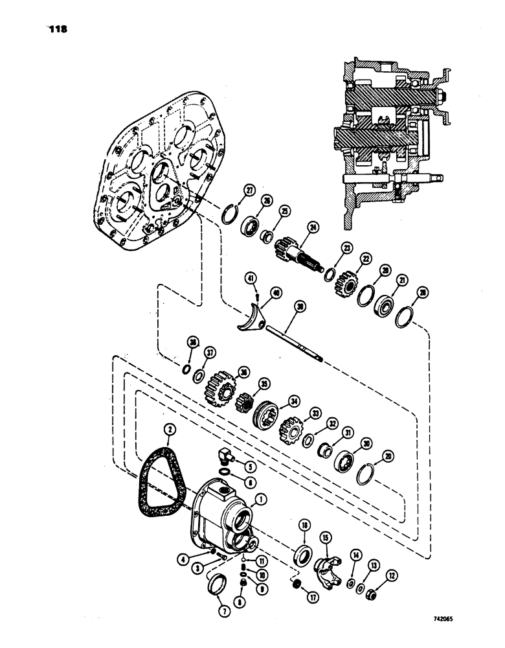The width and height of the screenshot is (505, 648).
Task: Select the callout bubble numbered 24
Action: click(313, 227)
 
